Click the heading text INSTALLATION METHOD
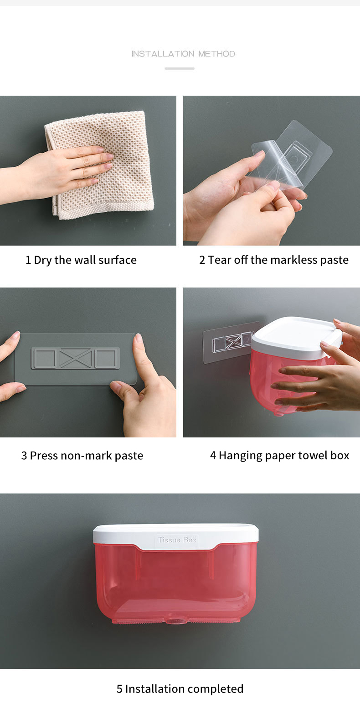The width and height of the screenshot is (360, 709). tap(183, 54)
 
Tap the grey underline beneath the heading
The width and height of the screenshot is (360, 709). tap(180, 68)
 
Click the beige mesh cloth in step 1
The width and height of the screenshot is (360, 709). tap(101, 164)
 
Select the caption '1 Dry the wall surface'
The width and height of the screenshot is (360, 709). tap(81, 260)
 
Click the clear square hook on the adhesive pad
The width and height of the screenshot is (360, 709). tap(296, 154)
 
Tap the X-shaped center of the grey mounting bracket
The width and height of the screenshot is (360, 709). tap(75, 358)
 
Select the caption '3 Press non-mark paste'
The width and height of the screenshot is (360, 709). tap(82, 456)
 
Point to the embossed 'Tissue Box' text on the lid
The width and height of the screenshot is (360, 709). tap(177, 539)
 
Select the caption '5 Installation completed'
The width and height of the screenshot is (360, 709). tap(180, 688)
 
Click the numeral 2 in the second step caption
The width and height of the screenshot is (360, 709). tap(202, 260)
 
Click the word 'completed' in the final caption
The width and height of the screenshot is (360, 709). tap(216, 689)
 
